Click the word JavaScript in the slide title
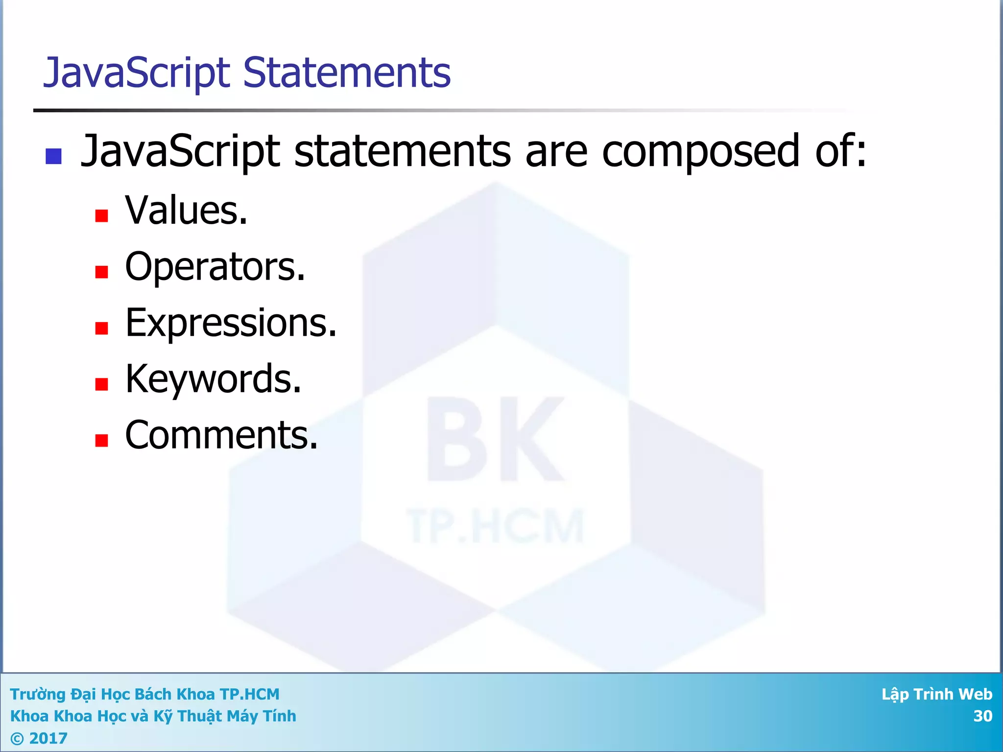[137, 73]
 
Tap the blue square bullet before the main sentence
[53, 156]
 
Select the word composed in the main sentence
[700, 152]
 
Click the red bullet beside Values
[101, 215]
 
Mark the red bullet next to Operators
[101, 272]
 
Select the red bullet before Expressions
[101, 328]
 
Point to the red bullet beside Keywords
[101, 384]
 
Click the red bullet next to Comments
[101, 441]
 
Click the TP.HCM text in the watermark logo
[495, 526]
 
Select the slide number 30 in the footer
[982, 716]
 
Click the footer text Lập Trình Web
[936, 694]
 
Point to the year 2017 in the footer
[48, 738]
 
